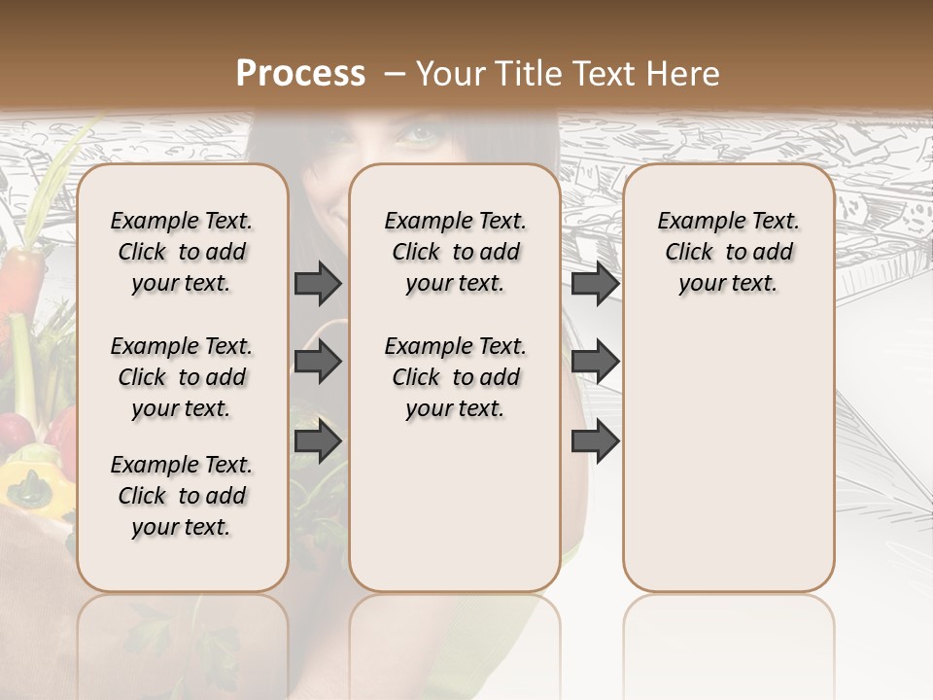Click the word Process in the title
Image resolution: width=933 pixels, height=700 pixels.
click(x=300, y=74)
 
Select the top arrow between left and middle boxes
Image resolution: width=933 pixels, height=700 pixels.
click(x=318, y=283)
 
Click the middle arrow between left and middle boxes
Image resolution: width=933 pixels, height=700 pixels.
click(x=318, y=362)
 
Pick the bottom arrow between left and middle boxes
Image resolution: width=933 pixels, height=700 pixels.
click(x=318, y=440)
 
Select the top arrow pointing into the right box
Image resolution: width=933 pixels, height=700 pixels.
click(x=595, y=283)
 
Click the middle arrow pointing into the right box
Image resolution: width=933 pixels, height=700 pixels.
click(x=595, y=362)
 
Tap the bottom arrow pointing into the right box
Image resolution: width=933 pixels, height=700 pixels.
click(x=595, y=440)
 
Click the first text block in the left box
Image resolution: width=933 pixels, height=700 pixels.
click(x=182, y=252)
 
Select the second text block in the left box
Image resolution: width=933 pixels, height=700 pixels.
click(x=182, y=377)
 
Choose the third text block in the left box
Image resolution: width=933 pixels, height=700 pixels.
click(x=182, y=496)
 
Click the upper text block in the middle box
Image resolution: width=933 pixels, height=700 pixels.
click(x=455, y=252)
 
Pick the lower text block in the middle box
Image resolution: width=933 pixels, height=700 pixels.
click(x=455, y=377)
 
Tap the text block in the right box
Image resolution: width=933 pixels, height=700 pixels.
click(x=728, y=252)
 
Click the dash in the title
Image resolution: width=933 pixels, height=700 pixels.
click(x=395, y=75)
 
